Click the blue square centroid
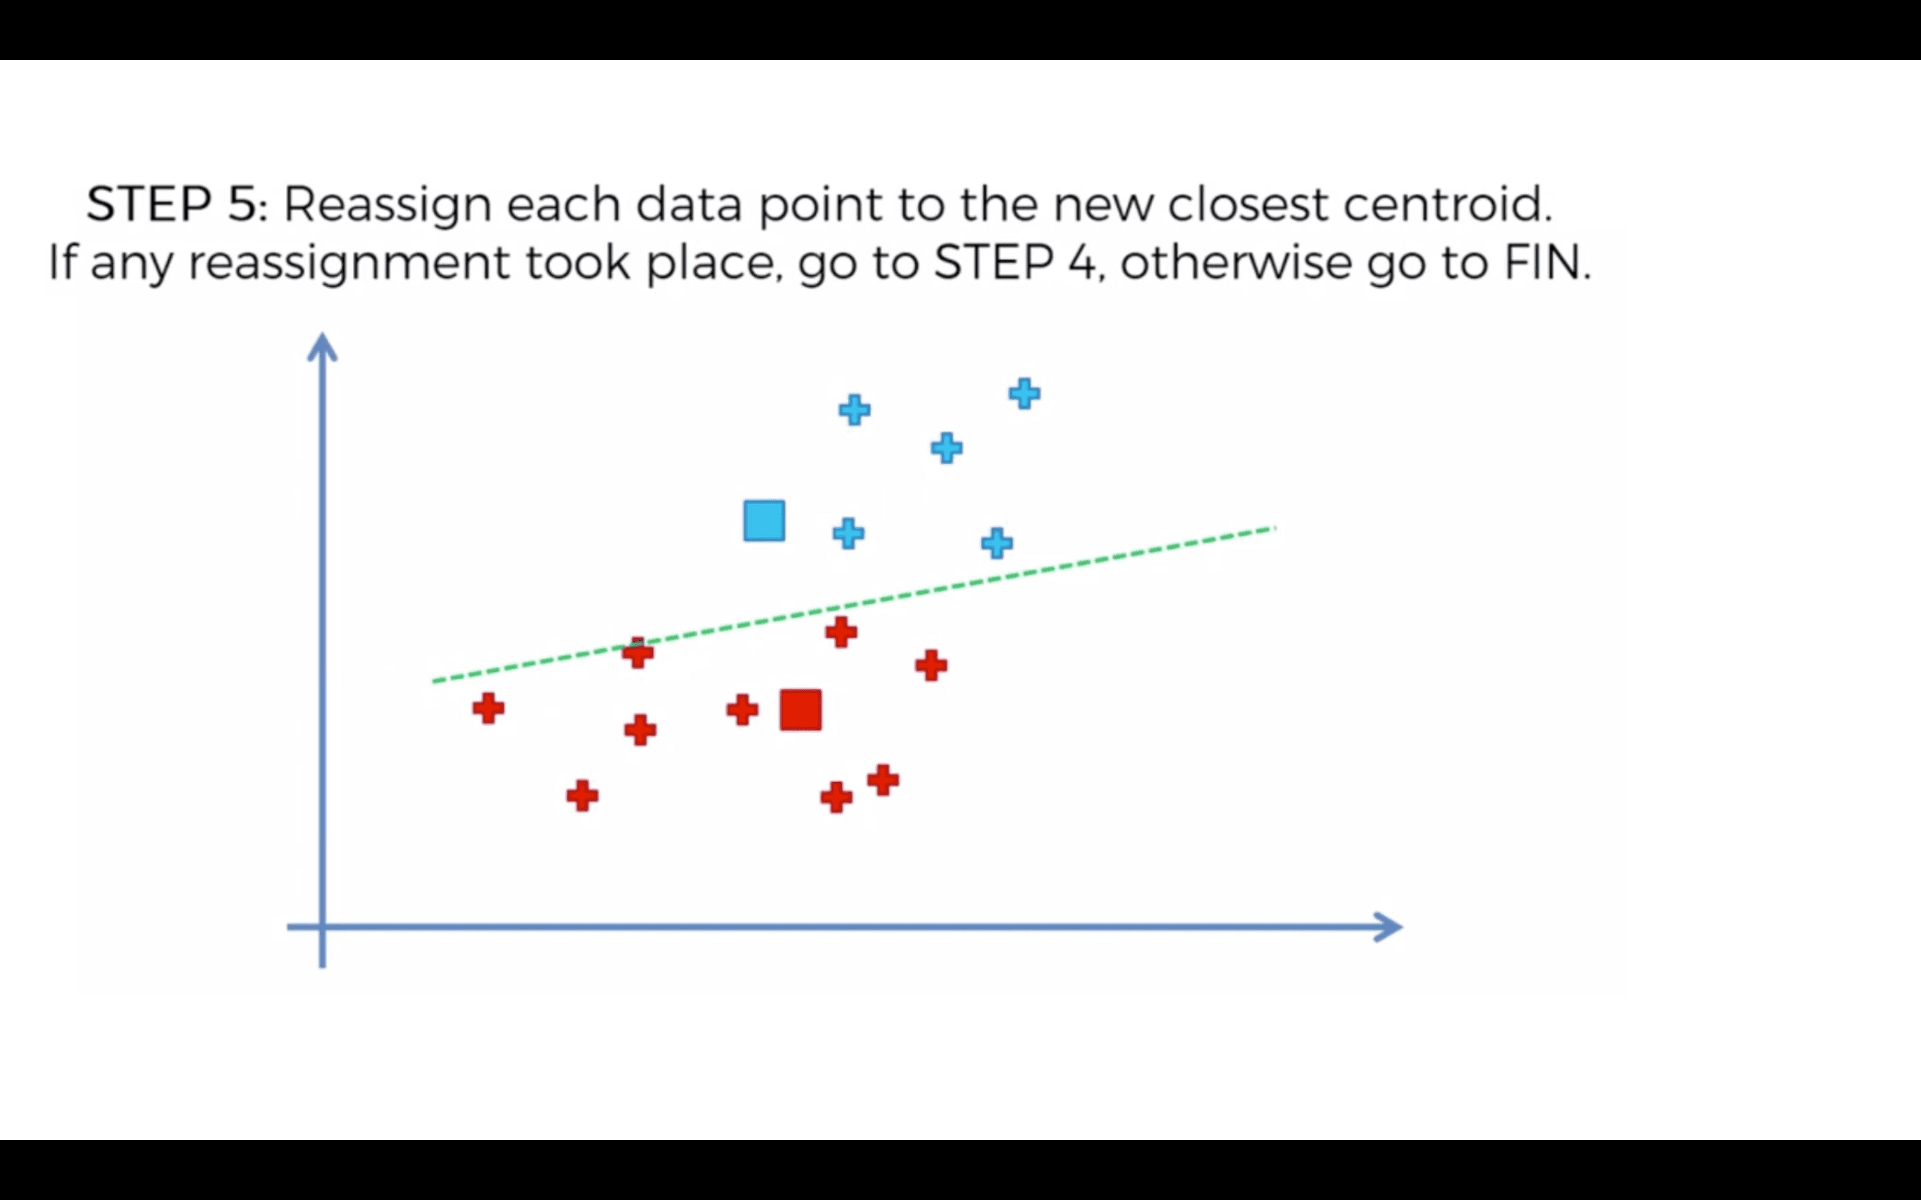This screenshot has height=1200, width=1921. tap(764, 521)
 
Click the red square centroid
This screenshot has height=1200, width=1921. tap(800, 709)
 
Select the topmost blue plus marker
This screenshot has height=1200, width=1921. tap(1024, 393)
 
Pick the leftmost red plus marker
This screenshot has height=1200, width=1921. tap(488, 708)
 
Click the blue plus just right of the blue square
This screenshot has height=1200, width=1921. tap(848, 533)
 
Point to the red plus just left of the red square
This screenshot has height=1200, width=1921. tap(742, 709)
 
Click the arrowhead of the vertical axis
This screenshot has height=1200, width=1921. tap(322, 347)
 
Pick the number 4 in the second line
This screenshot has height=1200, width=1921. tap(1082, 262)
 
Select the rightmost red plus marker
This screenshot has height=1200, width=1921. tap(931, 665)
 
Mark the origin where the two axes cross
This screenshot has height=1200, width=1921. tap(322, 927)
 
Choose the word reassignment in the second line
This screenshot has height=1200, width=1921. tap(348, 263)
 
